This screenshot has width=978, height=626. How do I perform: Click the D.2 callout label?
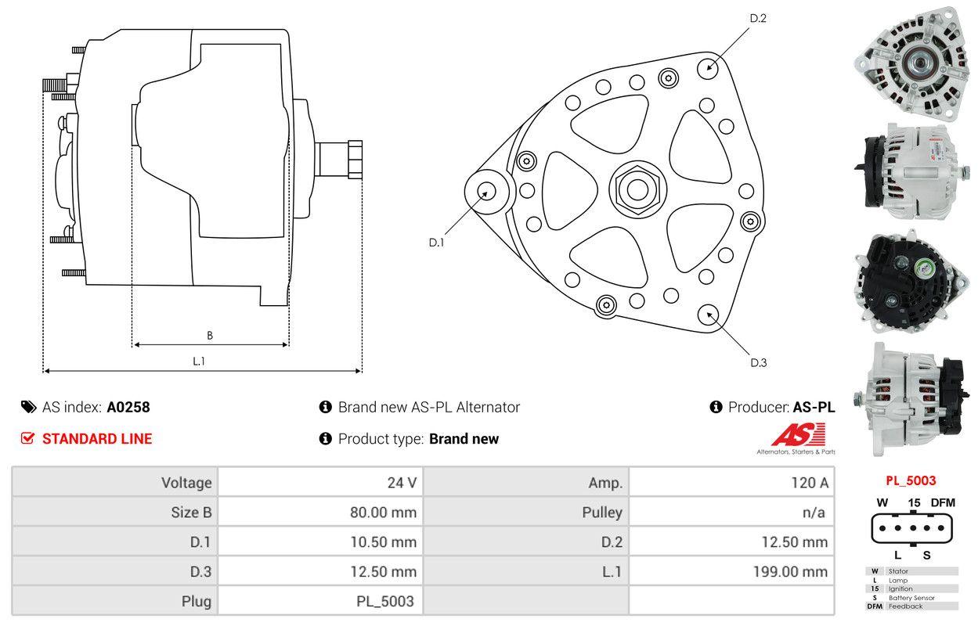click(758, 18)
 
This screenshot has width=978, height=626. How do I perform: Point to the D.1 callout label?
click(436, 243)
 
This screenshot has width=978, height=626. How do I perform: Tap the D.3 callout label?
click(758, 362)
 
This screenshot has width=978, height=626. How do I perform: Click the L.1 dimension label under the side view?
click(199, 362)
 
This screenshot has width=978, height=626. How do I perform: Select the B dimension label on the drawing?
click(209, 336)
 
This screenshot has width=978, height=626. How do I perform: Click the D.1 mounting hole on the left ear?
click(486, 191)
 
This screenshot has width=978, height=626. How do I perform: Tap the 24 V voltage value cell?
click(402, 483)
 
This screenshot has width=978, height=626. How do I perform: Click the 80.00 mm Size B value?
click(383, 513)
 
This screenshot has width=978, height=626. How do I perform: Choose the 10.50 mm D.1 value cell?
click(383, 542)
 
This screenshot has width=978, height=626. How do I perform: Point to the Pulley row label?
click(602, 513)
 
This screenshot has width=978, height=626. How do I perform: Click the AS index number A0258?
click(128, 407)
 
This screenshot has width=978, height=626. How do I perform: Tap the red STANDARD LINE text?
click(97, 439)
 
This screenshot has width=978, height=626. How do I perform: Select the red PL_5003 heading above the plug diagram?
click(911, 481)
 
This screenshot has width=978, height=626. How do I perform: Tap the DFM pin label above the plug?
click(943, 502)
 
